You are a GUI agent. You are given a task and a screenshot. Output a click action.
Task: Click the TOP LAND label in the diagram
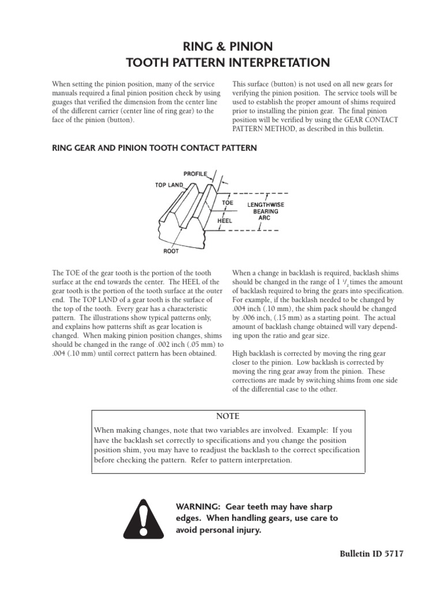point(169,185)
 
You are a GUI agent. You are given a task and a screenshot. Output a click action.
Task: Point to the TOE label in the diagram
point(228,203)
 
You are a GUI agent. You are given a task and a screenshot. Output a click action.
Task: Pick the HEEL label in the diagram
point(226,220)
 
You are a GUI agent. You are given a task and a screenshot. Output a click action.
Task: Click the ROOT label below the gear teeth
point(171,251)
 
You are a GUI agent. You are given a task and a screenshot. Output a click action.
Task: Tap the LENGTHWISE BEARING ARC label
point(265,211)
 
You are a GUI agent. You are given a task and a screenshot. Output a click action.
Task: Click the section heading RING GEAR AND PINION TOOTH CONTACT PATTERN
point(155,148)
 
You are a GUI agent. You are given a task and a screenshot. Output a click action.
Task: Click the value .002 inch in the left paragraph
point(160,343)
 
